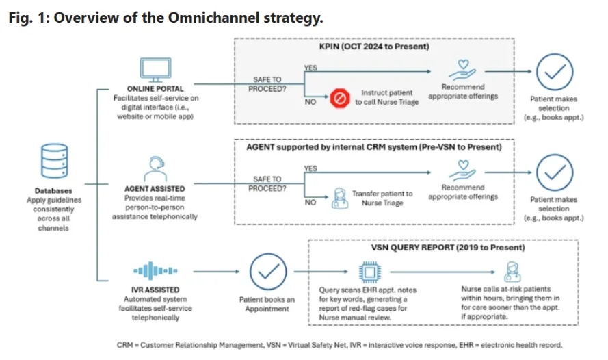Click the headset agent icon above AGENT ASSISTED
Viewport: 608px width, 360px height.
(153, 167)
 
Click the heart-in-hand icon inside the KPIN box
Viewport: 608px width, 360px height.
(463, 70)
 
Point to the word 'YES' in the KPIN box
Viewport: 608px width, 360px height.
(311, 66)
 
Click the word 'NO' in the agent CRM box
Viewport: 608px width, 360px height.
(310, 203)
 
